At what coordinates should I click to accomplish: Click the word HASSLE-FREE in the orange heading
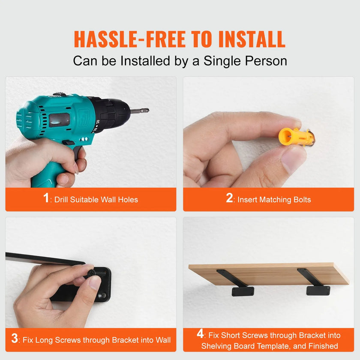click(130, 39)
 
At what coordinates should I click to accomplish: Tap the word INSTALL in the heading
click(252, 39)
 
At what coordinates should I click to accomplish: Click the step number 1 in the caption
click(46, 198)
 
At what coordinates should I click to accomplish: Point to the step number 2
click(229, 198)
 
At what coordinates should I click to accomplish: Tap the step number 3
click(15, 338)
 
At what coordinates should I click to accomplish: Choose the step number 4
click(200, 333)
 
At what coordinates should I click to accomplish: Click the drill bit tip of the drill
click(147, 110)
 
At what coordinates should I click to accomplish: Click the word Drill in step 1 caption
click(61, 200)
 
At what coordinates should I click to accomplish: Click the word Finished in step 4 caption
click(323, 346)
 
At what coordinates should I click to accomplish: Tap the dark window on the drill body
click(59, 120)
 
